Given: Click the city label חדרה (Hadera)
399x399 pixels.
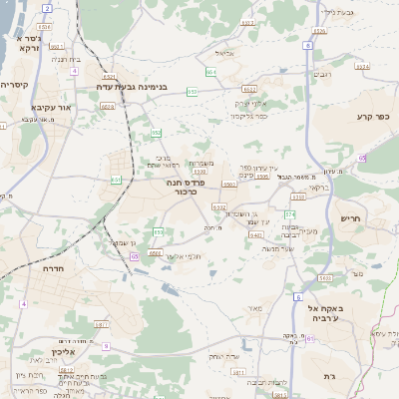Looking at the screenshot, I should (x=53, y=268).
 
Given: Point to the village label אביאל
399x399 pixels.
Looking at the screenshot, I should (x=224, y=53).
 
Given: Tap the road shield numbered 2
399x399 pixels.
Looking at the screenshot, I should (x=47, y=8).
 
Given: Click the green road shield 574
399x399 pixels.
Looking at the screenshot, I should (x=291, y=214).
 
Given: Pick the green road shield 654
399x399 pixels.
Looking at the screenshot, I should (x=210, y=72).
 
